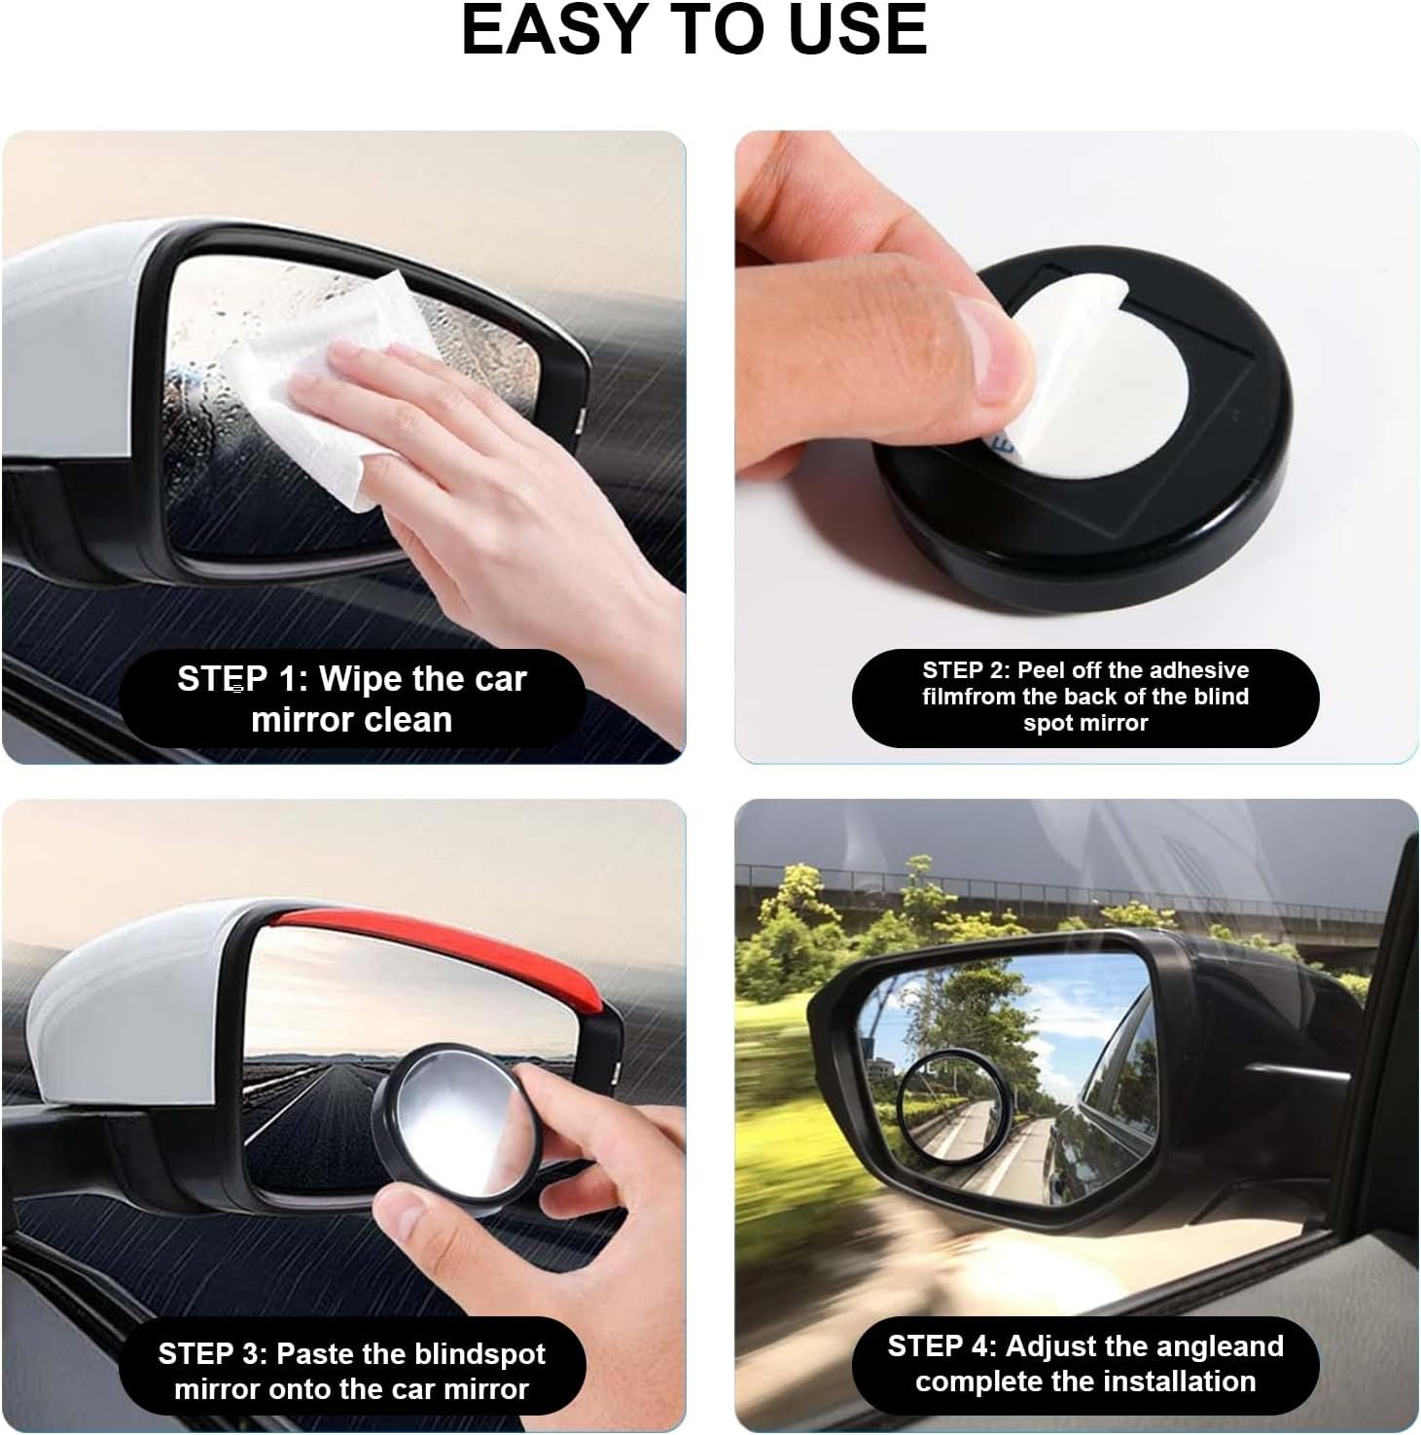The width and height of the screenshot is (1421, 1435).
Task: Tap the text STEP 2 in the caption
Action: pyautogui.click(x=965, y=670)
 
